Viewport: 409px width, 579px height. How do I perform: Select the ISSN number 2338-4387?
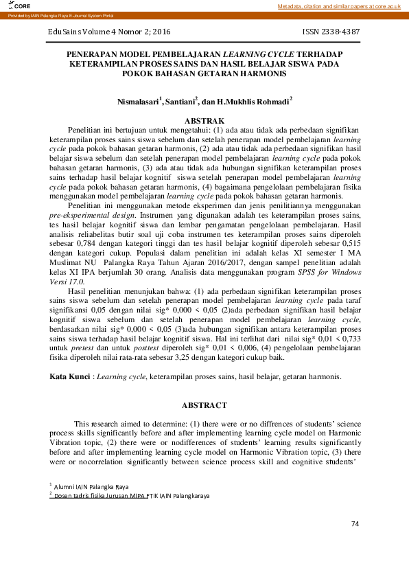(331, 32)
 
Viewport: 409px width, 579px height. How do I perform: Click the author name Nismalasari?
(137, 101)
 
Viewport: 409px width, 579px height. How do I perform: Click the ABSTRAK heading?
(204, 120)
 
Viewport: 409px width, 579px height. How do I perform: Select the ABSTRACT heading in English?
(204, 405)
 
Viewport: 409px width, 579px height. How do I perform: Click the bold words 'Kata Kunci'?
(70, 376)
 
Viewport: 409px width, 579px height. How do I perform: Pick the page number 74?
(355, 523)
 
